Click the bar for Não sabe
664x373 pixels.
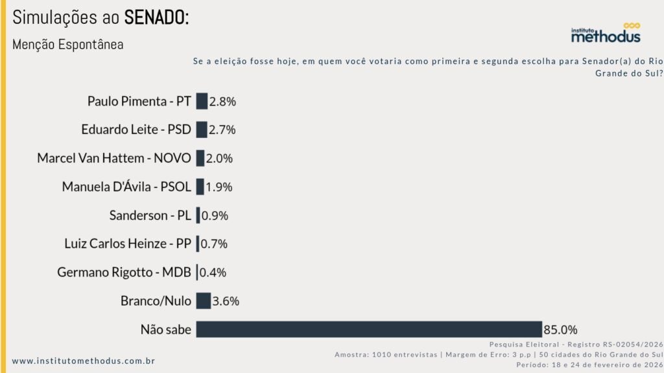[x=368, y=329]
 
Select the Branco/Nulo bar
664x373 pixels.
[x=204, y=300]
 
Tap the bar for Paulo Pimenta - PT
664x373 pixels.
[x=202, y=101]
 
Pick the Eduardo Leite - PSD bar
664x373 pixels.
[x=202, y=130]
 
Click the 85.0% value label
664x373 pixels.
[x=560, y=330]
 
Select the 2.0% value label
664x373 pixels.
[x=219, y=158]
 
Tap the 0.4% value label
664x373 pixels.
[x=213, y=273]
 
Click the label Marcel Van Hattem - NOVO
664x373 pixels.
[x=114, y=158]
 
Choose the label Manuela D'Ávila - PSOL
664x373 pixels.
[x=126, y=186]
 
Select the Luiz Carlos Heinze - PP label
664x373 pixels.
[x=128, y=243]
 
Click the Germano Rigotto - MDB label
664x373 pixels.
[x=124, y=273]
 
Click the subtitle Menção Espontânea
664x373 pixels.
[x=67, y=45]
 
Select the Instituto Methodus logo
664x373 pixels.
[x=606, y=33]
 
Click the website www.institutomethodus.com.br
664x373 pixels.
[x=84, y=361]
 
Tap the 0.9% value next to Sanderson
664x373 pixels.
[x=215, y=216]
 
